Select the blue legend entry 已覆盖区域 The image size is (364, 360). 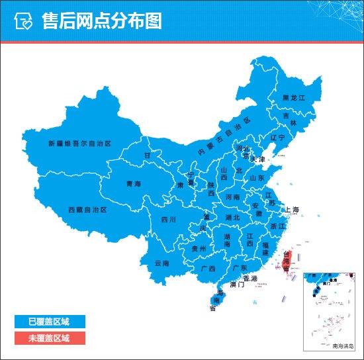point(49,322)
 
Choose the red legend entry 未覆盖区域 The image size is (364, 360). point(49,338)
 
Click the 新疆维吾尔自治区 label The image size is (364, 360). point(79,143)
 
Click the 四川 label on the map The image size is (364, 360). point(168,219)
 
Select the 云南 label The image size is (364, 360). point(161,263)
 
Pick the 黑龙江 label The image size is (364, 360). point(293,97)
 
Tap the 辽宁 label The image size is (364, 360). point(277,138)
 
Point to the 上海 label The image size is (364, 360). point(292,210)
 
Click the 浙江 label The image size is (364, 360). point(279,226)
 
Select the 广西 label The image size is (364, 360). point(207,269)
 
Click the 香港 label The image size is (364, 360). point(250,277)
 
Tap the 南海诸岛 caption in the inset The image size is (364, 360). point(343,346)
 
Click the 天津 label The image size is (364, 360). point(257,159)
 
